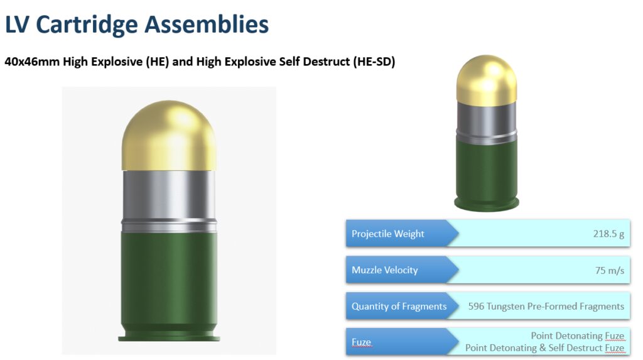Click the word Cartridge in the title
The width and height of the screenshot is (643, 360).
(87, 25)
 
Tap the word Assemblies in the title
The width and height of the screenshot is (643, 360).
(207, 24)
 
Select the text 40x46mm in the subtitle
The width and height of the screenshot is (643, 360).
(32, 62)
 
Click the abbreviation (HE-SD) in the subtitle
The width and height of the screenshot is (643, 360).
(374, 62)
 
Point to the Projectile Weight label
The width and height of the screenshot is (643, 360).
(388, 234)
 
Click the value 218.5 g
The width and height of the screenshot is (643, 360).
(608, 234)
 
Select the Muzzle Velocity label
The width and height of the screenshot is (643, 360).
(385, 270)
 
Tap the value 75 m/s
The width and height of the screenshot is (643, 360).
(610, 270)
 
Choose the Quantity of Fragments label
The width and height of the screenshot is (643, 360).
(399, 306)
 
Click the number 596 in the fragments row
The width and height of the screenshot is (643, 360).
(476, 306)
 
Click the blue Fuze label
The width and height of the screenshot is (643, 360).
(361, 342)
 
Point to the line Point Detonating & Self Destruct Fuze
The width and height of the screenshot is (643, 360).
(544, 347)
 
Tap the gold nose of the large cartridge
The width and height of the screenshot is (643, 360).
(169, 136)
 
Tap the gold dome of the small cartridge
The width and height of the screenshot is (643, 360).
(487, 80)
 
